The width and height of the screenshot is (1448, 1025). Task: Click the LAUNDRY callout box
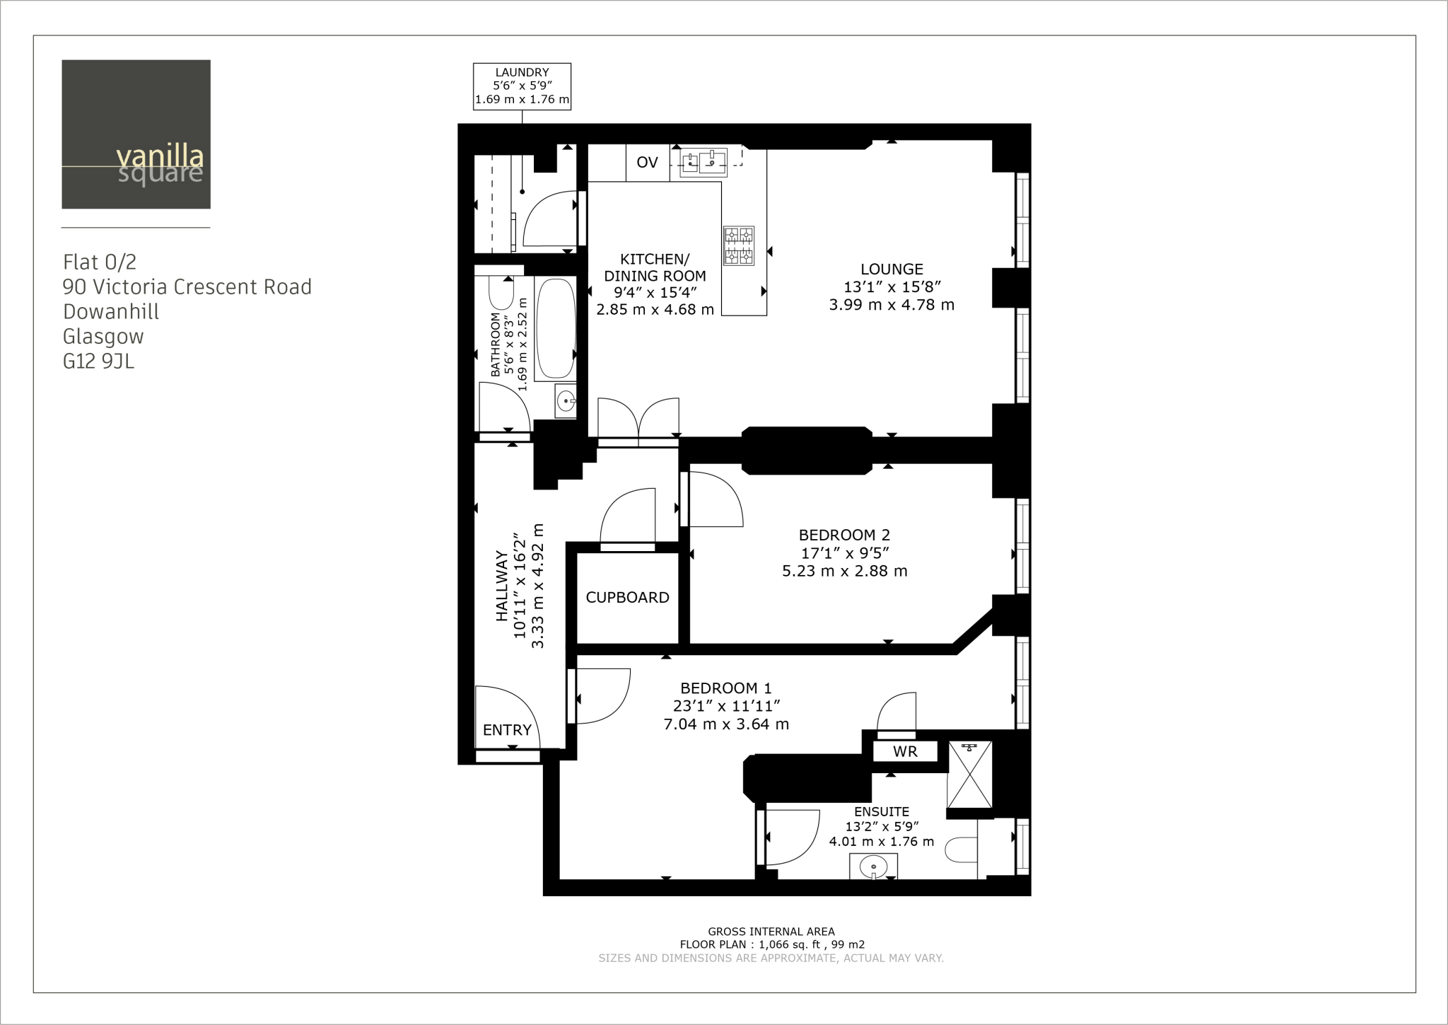click(522, 86)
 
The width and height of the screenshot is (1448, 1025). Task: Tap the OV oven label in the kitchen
click(647, 163)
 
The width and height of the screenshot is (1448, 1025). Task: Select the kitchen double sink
click(703, 163)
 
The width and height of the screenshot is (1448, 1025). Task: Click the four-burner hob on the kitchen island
click(738, 245)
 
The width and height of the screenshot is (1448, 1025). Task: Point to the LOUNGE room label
click(892, 270)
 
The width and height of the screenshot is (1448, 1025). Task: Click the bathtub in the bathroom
click(555, 330)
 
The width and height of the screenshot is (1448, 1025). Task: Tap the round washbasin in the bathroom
click(566, 402)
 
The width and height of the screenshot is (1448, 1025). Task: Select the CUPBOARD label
click(627, 598)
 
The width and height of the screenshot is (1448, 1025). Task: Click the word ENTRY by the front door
click(507, 730)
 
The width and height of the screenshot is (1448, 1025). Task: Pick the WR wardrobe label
click(905, 752)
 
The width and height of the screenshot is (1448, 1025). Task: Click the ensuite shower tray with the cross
click(969, 775)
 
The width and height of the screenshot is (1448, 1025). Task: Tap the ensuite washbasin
click(874, 866)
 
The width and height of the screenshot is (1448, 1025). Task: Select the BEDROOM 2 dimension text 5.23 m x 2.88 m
click(844, 571)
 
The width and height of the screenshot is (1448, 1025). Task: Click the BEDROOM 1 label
click(726, 688)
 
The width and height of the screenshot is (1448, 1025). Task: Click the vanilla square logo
click(136, 134)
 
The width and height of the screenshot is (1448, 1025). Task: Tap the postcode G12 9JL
click(98, 362)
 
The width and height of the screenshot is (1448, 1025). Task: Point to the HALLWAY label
click(502, 586)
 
